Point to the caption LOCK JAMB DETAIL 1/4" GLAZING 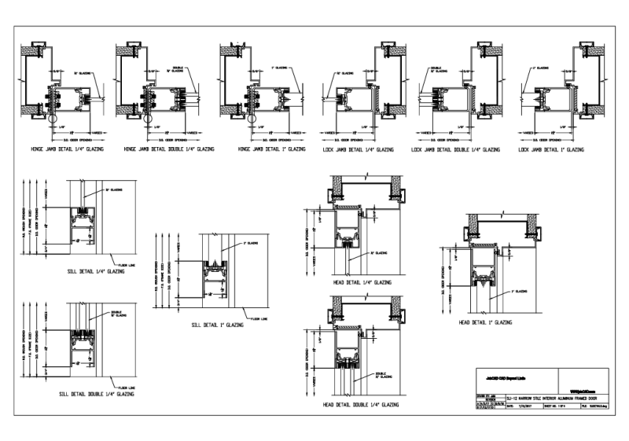[x=358, y=149]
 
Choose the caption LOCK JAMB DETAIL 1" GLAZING [x=552, y=149]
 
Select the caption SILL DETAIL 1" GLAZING [x=212, y=325]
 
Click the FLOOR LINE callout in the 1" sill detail [x=259, y=319]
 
